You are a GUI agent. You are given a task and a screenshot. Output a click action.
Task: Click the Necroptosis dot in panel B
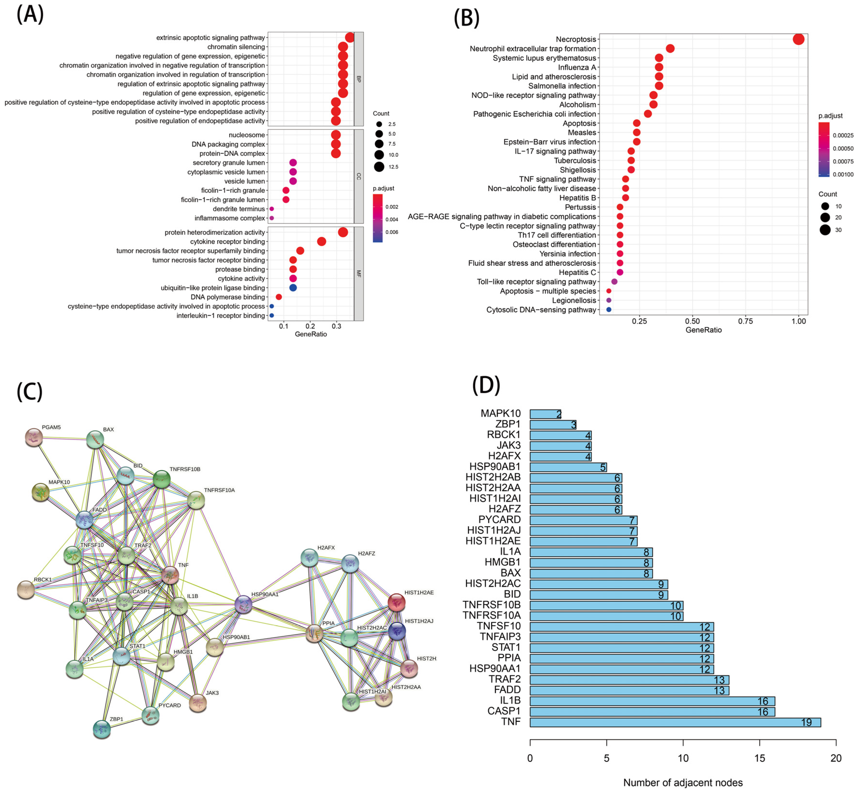(798, 39)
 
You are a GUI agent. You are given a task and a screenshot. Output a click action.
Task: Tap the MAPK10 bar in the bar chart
(545, 414)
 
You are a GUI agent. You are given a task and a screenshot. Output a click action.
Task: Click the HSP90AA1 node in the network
(243, 604)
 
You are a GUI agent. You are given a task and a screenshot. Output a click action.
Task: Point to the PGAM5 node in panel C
(34, 437)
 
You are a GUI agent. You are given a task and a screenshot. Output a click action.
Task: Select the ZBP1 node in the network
(102, 729)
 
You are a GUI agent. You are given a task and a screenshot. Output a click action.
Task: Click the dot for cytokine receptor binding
(322, 242)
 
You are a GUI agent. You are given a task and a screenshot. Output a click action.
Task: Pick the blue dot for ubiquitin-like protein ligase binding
(293, 288)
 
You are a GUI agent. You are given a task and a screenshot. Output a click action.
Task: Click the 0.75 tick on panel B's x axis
(745, 321)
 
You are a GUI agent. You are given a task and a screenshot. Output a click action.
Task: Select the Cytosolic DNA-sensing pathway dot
(608, 309)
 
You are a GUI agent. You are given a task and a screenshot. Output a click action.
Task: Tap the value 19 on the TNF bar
(806, 723)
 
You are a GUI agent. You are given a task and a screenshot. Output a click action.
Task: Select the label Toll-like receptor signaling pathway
(536, 282)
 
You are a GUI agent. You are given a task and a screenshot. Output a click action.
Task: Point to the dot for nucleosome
(336, 135)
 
